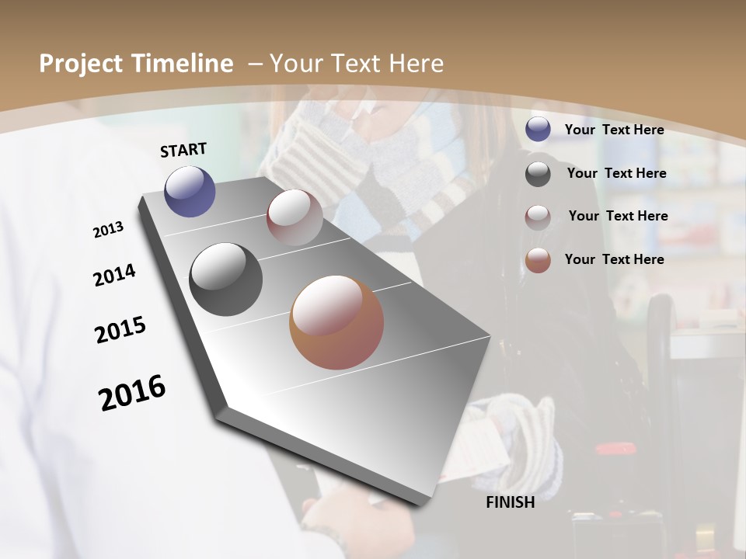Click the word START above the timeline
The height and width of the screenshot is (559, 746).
183,150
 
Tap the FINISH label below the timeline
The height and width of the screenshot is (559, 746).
510,502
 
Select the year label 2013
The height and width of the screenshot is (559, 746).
108,230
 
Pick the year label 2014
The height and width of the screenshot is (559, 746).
114,275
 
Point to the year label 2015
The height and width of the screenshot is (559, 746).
120,330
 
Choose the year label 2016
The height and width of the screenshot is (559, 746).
132,393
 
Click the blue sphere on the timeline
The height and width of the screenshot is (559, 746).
190,191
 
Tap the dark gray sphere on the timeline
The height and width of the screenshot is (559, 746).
225,279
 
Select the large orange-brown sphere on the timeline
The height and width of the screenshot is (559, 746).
336,322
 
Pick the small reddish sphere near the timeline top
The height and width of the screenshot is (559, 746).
295,217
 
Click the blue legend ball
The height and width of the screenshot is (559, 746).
538,129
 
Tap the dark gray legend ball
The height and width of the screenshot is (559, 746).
538,174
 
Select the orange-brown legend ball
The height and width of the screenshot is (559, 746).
538,260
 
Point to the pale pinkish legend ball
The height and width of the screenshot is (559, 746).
538,217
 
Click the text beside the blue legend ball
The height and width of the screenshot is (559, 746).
614,130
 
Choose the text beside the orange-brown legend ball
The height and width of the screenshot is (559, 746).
614,259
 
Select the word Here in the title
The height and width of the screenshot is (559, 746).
415,64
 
